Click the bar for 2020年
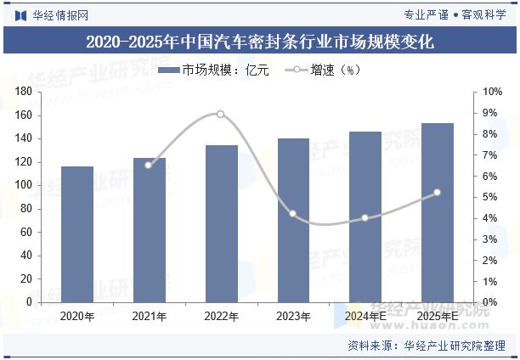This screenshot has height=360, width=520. [76, 234]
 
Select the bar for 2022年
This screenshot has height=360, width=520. [221, 223]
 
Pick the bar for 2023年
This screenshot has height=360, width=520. [293, 220]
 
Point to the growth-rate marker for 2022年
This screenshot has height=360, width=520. [220, 114]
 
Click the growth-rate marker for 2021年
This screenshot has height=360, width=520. [149, 165]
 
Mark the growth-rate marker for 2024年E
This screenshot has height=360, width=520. [365, 217]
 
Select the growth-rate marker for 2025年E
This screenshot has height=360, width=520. [438, 193]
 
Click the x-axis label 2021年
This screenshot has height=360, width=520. [149, 316]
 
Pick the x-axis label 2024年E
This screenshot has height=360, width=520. [365, 316]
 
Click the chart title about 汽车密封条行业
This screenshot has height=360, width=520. [260, 42]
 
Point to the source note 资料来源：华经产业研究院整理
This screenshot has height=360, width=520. [426, 346]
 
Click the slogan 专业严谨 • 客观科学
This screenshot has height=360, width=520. [455, 13]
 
